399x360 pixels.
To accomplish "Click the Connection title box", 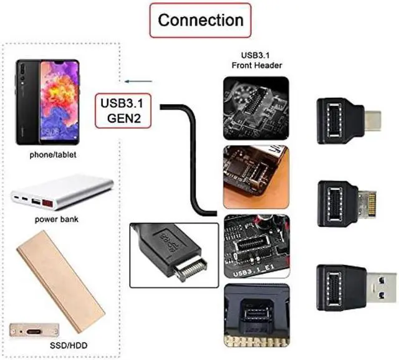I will (x=199, y=20).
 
